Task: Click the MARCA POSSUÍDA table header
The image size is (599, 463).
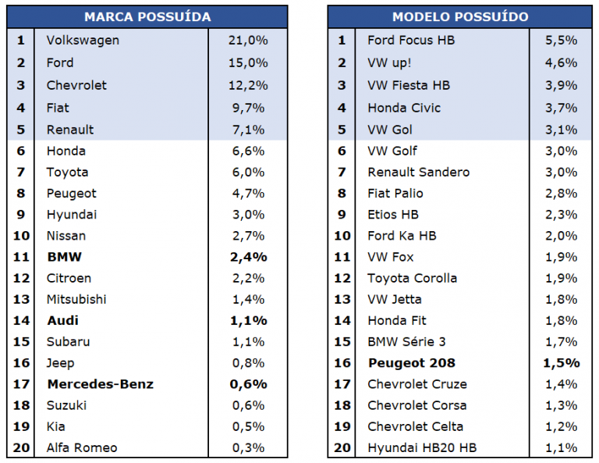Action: [147, 16]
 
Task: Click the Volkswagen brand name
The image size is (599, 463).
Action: [83, 40]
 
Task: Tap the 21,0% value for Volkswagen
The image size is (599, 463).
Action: [248, 40]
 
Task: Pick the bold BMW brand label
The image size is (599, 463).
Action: [64, 257]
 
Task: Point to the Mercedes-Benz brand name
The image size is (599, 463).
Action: [100, 384]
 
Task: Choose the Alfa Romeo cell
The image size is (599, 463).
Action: [82, 447]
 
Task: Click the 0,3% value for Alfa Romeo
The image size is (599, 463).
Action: [248, 447]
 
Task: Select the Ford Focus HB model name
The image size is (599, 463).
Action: [411, 40]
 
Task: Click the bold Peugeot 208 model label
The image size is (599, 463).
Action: [411, 363]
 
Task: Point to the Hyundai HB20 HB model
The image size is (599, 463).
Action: [422, 447]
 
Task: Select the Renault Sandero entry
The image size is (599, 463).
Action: [418, 172]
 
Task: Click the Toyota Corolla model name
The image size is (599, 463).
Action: [412, 278]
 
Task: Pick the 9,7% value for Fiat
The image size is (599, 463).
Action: [248, 108]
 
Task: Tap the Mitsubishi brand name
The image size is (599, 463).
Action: [76, 299]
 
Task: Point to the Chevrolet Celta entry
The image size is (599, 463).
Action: [415, 426]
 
